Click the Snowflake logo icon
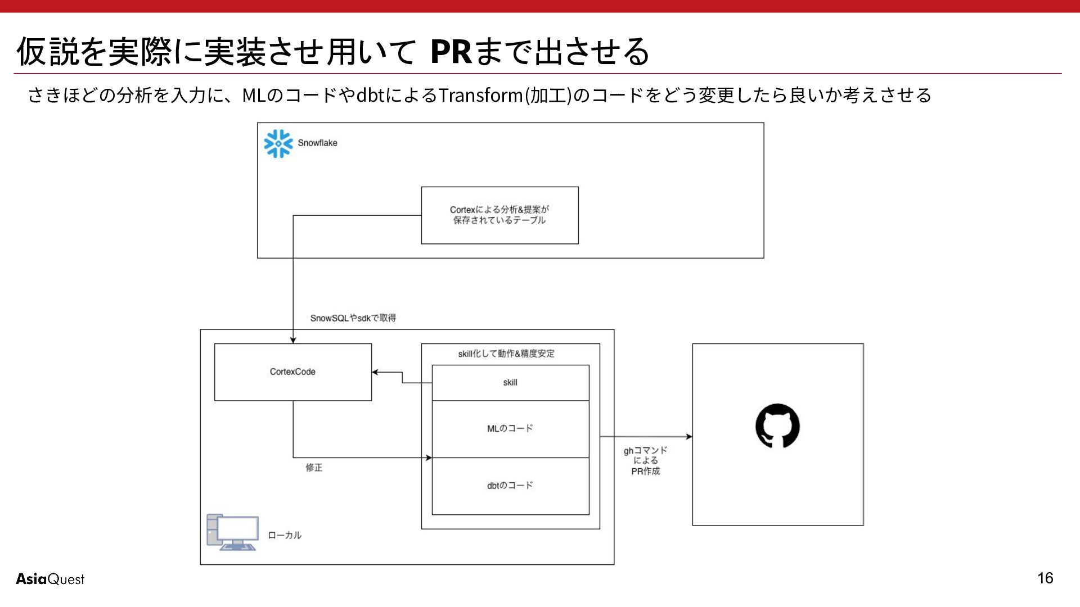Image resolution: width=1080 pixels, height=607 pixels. pos(278,144)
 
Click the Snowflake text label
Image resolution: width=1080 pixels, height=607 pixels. pos(317,143)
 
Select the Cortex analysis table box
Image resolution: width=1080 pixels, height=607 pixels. pos(499,215)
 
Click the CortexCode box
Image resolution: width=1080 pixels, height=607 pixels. pos(293,372)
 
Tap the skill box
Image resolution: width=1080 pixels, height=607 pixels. pos(510,383)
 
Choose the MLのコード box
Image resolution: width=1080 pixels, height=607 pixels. pos(510,429)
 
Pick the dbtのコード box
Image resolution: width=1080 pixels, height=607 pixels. pos(510,486)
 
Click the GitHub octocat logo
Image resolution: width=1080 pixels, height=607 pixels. pos(777,425)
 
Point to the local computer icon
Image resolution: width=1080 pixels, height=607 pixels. pos(232,532)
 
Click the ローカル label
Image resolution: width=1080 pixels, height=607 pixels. pos(285,535)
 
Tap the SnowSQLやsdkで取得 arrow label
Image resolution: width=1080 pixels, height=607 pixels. pos(353,318)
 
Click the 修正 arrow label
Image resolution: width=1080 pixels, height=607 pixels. pos(314,468)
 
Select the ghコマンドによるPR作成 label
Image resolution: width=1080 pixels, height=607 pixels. pos(645,460)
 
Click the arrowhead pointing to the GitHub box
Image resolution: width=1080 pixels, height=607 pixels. pos(688,437)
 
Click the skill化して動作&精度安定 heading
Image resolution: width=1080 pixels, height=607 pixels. pos(506,354)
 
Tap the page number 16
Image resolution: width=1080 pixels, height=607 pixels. pos(1045,578)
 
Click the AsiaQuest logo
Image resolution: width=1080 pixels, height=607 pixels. pos(50,579)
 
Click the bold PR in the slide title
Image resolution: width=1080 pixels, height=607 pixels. pos(451,52)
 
